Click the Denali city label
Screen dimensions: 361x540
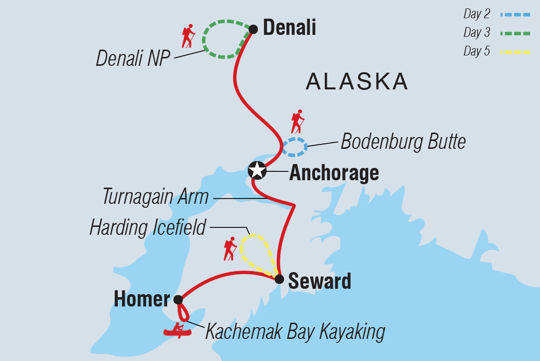(289, 28)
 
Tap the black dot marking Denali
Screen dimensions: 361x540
(253, 29)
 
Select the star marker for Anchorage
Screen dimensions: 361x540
(257, 170)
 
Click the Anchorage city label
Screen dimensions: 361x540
(334, 173)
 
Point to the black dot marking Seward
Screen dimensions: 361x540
(279, 279)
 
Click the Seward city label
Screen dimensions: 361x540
(320, 281)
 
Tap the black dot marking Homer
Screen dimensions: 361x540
(178, 300)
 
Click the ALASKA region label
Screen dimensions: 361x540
(357, 82)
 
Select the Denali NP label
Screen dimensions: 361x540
(133, 58)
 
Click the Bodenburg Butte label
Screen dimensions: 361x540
(403, 142)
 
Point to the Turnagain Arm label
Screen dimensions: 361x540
(156, 197)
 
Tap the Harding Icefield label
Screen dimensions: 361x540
(147, 227)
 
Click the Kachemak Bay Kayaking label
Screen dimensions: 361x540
(295, 332)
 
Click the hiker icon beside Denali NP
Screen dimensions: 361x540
(188, 36)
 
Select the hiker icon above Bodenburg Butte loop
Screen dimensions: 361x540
(297, 121)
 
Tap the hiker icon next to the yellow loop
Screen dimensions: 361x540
(230, 249)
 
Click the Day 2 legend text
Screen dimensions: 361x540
(477, 14)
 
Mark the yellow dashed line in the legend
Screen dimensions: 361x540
(515, 51)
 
